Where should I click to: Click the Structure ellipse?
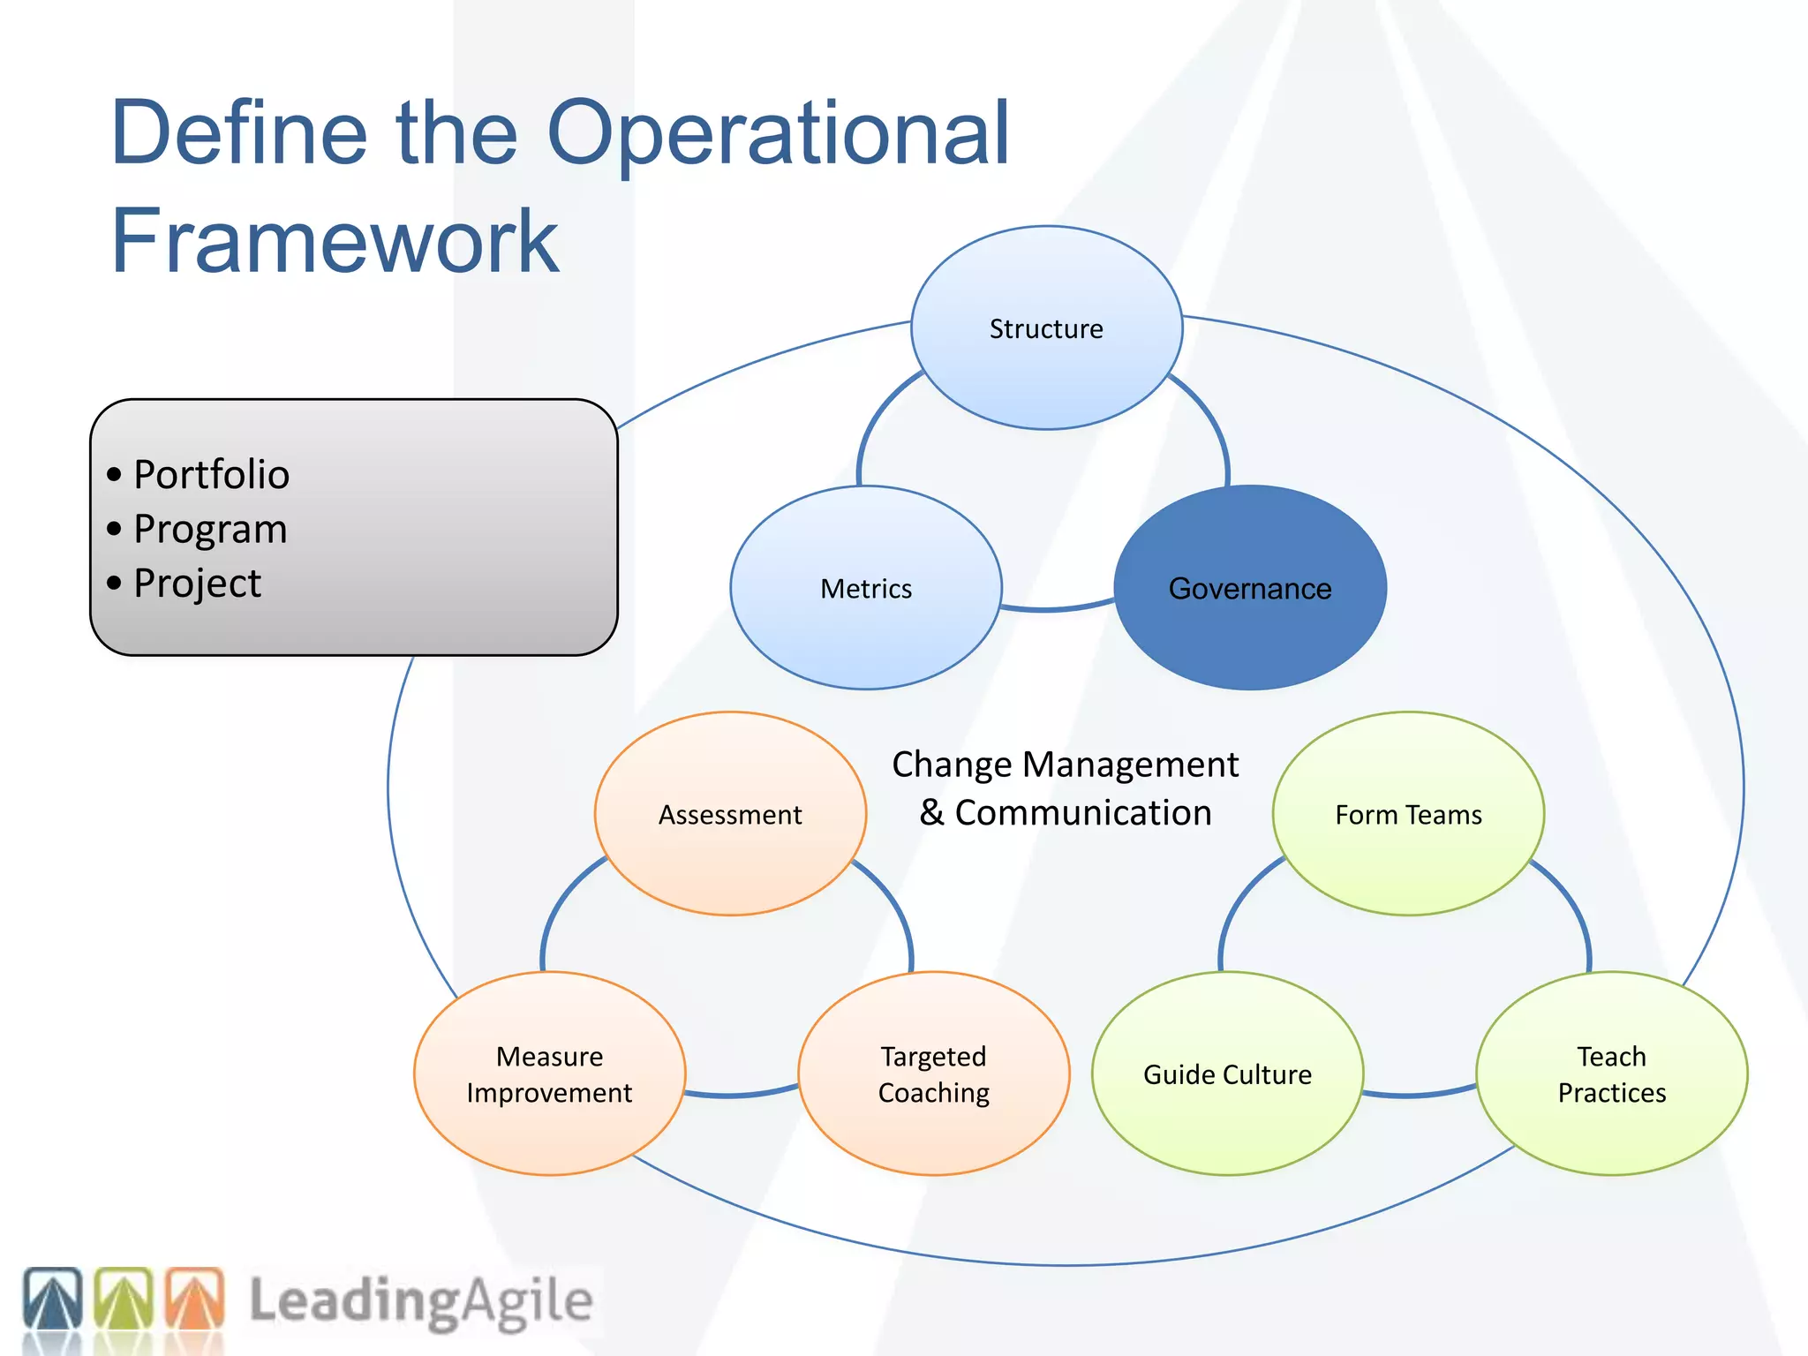(1046, 328)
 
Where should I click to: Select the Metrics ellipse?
(866, 588)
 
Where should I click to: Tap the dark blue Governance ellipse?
(1250, 588)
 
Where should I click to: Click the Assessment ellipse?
(730, 814)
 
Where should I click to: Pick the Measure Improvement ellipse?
(549, 1073)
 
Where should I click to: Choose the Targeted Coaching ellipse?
(934, 1073)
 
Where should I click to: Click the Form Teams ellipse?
(1408, 814)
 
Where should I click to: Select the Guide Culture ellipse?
(1227, 1073)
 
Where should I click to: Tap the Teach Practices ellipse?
(1611, 1073)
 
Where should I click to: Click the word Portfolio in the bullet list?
(211, 475)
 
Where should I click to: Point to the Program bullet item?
(210, 530)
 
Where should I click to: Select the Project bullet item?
(197, 584)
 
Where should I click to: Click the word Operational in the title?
(777, 134)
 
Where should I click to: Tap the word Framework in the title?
(335, 241)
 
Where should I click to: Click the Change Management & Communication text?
(1065, 788)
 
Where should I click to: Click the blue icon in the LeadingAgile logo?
(53, 1299)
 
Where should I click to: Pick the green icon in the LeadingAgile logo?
(124, 1299)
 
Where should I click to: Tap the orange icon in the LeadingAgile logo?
(194, 1299)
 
